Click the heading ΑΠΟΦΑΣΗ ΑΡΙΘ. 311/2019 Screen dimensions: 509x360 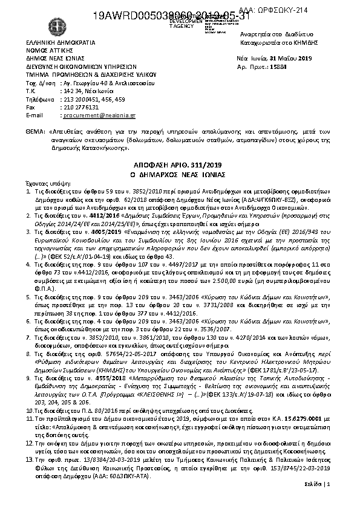179,164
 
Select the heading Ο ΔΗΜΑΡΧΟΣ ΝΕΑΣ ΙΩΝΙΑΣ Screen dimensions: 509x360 179,173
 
